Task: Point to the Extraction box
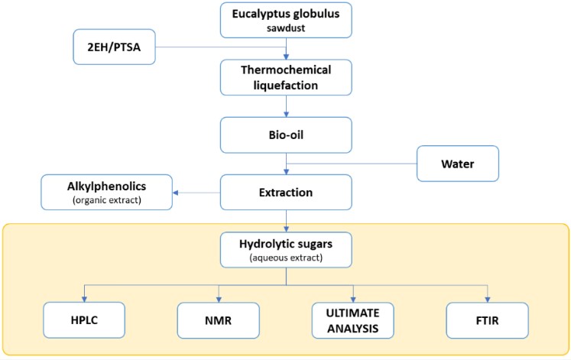[285, 192]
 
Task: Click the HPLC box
[83, 320]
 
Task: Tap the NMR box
[218, 320]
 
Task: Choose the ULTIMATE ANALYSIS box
[353, 320]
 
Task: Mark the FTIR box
[488, 320]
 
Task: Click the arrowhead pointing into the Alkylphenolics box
[175, 193]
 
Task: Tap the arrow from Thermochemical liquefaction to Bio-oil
[286, 107]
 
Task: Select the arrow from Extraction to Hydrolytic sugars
[286, 222]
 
